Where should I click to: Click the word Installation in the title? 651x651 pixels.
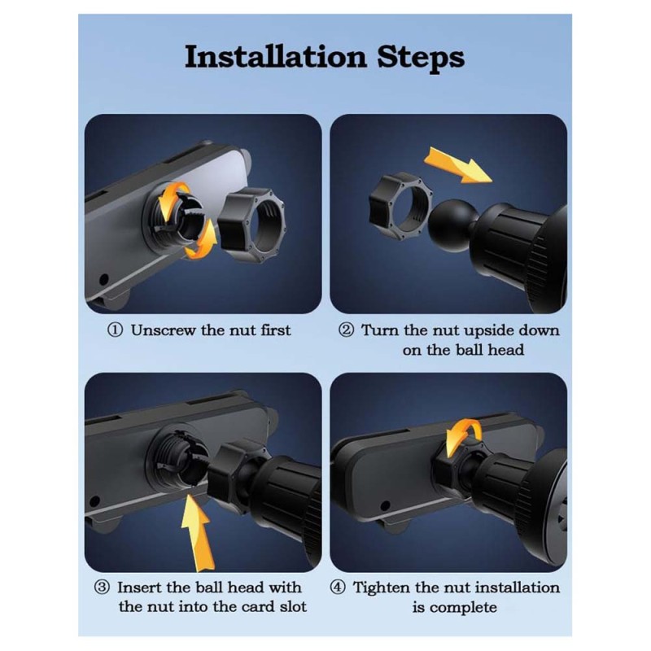tap(276, 57)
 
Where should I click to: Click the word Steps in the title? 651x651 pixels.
tap(421, 57)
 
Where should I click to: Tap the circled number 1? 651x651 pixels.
tap(115, 330)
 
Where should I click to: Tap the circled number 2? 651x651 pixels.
tap(347, 330)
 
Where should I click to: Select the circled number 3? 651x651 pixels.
tap(102, 588)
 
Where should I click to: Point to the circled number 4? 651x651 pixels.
tap(338, 588)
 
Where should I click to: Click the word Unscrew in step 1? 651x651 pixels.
tap(164, 330)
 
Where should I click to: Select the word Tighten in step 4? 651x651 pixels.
tap(381, 588)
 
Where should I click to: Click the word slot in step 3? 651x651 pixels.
tap(293, 606)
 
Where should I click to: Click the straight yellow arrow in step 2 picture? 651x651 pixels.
tap(458, 165)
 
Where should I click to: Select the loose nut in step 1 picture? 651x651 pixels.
tap(252, 225)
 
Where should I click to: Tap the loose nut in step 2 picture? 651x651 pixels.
tap(400, 208)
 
